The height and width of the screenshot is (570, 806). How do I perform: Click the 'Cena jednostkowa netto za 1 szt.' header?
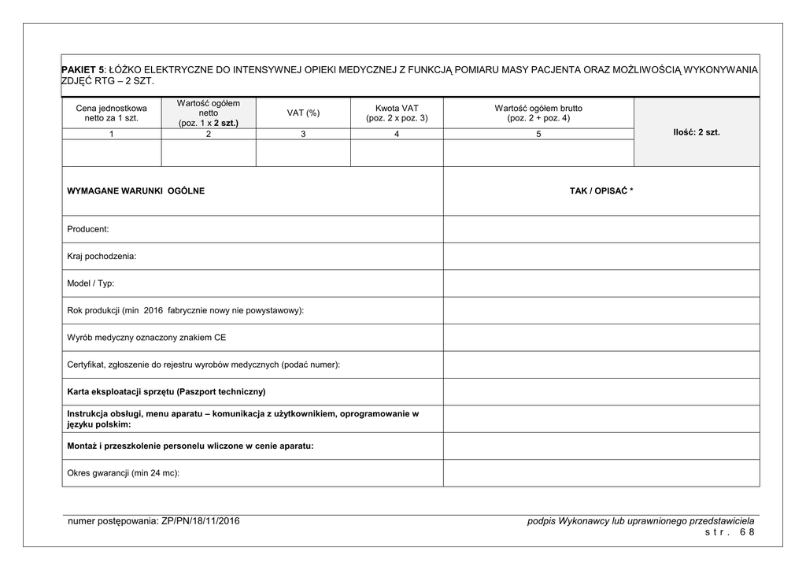(x=111, y=113)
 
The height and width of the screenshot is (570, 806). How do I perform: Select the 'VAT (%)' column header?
(x=303, y=113)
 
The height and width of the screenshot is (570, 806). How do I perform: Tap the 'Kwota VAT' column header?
(x=397, y=113)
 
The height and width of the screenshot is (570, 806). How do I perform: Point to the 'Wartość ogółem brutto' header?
(x=538, y=113)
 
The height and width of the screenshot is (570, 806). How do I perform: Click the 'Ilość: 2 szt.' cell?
(x=697, y=132)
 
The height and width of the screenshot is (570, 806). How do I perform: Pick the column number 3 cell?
(x=303, y=135)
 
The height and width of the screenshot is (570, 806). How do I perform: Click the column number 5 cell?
(x=538, y=135)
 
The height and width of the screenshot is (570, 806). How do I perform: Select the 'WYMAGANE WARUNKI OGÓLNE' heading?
(x=136, y=191)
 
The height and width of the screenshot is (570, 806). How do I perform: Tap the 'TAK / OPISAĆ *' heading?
(x=601, y=191)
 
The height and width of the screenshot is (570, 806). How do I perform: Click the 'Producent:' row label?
(x=88, y=229)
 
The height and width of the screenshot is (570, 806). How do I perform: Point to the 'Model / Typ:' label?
(x=91, y=283)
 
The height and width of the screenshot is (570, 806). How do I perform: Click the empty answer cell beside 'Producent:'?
(x=601, y=229)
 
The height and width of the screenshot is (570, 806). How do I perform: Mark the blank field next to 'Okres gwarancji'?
(x=601, y=473)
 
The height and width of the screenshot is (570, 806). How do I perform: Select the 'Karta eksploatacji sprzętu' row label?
(x=166, y=391)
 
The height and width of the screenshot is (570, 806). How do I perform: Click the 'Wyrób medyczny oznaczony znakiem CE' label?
(x=146, y=338)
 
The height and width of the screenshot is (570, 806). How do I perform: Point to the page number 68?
(x=747, y=532)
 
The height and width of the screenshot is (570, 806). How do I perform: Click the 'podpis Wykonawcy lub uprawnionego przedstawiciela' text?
(x=641, y=521)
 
